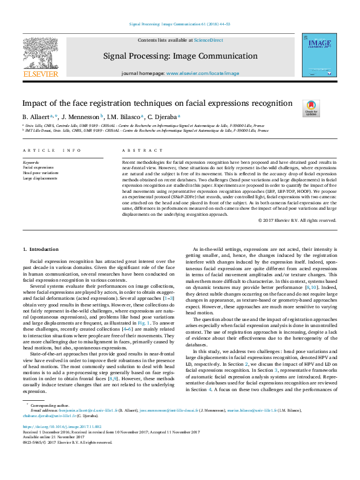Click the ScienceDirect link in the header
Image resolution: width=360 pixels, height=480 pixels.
[x=208, y=40]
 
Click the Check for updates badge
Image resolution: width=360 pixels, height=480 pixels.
[x=310, y=108]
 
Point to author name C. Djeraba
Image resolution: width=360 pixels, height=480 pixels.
[x=162, y=116]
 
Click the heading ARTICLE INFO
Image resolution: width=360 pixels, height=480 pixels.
[x=51, y=150]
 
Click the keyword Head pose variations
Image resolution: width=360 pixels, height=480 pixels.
[x=41, y=174]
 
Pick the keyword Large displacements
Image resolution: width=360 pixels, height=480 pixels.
[x=41, y=178]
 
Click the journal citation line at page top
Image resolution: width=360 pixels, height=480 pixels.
[x=180, y=24]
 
